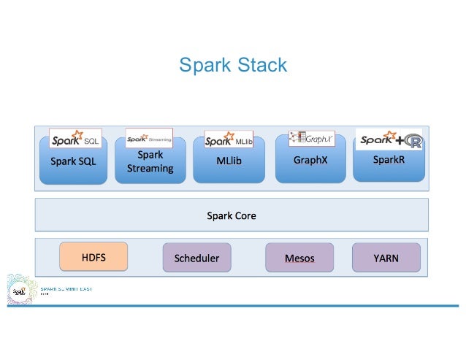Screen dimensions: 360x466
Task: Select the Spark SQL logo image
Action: click(x=75, y=139)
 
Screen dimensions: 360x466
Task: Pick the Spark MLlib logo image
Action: click(x=229, y=139)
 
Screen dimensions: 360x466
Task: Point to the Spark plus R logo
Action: click(x=389, y=139)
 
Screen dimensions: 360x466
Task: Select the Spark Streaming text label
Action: click(x=150, y=162)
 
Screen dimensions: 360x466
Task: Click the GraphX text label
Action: click(x=310, y=161)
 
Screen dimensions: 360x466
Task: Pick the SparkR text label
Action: click(x=389, y=159)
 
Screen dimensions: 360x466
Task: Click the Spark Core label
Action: click(x=232, y=216)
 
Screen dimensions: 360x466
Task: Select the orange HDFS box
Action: click(x=93, y=257)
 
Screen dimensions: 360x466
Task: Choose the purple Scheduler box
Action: click(x=196, y=258)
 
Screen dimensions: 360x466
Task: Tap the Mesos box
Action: click(x=299, y=258)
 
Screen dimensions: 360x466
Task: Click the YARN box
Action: click(x=386, y=258)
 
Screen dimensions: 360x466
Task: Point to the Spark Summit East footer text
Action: click(x=71, y=290)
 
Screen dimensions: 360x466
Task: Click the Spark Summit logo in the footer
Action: click(x=20, y=291)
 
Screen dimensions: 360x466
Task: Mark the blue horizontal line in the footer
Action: click(x=241, y=305)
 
